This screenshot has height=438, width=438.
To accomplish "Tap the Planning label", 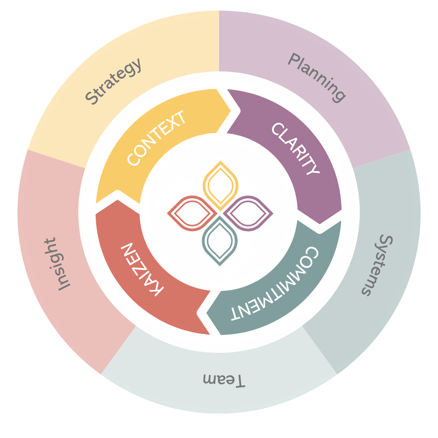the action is [317, 77].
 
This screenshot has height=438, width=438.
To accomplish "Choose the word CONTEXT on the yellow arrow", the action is [157, 137].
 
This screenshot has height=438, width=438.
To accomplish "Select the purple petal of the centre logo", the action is [247, 213].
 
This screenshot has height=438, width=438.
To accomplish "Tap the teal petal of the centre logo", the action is [219, 241].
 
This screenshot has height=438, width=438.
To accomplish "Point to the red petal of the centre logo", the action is [191, 213].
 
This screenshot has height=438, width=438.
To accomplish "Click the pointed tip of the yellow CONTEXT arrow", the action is [230, 110].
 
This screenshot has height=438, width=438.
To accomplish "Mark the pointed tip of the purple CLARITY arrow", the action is [320, 223].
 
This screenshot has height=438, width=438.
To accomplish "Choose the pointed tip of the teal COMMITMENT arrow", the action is [207, 313].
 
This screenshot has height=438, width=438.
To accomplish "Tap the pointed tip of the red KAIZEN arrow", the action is [118, 200].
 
